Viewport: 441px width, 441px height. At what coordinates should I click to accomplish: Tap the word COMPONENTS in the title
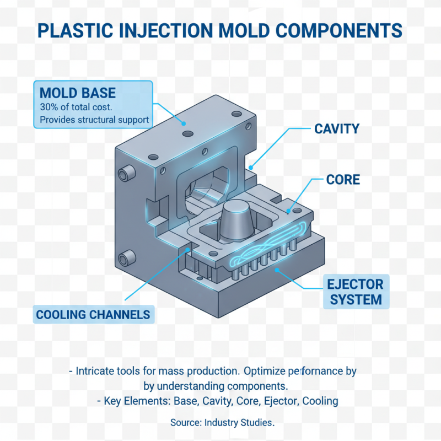pos(327,30)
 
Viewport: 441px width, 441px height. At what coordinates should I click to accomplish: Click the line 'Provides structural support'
pos(94,120)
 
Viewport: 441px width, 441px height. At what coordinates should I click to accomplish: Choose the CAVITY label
pos(336,129)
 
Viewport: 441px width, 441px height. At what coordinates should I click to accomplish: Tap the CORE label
pos(343,180)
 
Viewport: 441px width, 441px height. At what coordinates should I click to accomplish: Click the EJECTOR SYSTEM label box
pos(355,292)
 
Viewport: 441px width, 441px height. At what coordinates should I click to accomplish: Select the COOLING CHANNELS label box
pos(93,315)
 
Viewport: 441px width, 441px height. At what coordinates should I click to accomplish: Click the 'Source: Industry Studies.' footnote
pos(222,423)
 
